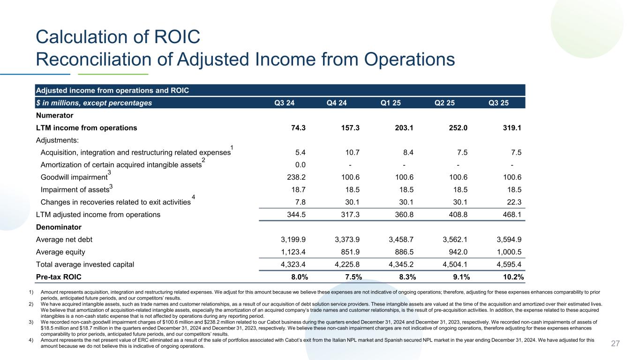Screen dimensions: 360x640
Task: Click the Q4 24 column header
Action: tap(336, 102)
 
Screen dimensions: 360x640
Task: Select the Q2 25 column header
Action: tap(445, 102)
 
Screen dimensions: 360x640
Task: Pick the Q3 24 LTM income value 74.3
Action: tap(298, 127)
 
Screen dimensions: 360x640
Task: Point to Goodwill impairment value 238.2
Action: tap(296, 177)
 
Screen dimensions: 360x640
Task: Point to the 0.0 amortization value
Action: tap(301, 165)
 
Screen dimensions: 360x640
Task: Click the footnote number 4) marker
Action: tap(31, 340)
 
